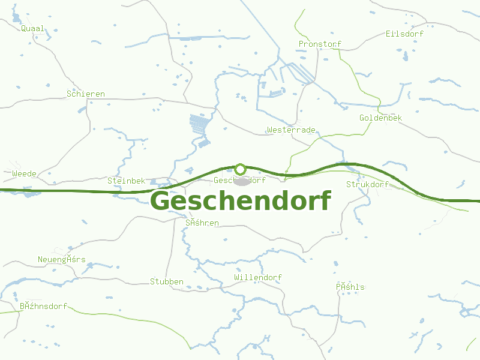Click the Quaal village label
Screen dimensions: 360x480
(x=32, y=28)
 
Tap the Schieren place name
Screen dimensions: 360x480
(x=86, y=94)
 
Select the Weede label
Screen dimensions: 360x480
(x=24, y=174)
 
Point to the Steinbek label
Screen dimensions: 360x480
(x=127, y=181)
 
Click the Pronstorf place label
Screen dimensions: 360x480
(x=320, y=44)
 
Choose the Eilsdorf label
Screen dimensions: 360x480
(x=405, y=34)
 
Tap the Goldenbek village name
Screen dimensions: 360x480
(x=380, y=118)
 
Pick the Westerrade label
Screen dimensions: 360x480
(x=291, y=130)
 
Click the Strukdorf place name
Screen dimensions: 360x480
(x=367, y=185)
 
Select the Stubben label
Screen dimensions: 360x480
(x=167, y=281)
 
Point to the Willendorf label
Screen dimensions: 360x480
(x=258, y=278)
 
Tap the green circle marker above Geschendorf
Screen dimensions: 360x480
(x=241, y=169)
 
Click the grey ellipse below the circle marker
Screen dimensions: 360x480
(x=241, y=181)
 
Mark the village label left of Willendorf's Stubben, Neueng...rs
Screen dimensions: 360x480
(x=62, y=260)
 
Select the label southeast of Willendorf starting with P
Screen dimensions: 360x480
(x=350, y=287)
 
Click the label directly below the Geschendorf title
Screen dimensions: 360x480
(x=202, y=223)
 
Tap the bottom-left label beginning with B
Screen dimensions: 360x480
(x=43, y=306)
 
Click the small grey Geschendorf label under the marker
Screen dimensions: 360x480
(x=239, y=180)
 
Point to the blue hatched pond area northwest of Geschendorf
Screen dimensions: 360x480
(x=200, y=125)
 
